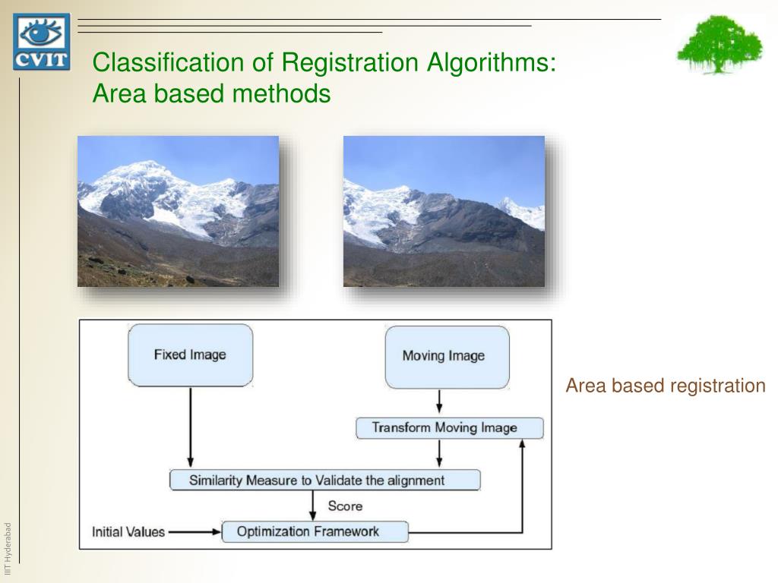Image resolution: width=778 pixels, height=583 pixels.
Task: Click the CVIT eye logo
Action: [x=41, y=42]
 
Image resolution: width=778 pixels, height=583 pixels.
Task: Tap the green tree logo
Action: [x=719, y=44]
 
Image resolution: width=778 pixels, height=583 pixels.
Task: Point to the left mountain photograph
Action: [x=178, y=211]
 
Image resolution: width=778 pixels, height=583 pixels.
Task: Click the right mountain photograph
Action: [x=444, y=211]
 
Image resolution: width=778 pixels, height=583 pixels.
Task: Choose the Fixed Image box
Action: [x=190, y=355]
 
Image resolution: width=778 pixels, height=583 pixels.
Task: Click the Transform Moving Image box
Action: [x=449, y=428]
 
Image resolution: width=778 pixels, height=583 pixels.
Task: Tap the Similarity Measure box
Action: [x=324, y=480]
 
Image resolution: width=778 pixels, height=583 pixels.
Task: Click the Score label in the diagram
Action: [x=345, y=506]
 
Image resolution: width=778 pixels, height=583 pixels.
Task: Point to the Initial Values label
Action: [x=128, y=531]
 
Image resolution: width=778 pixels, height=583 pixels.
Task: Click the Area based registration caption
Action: [x=666, y=386]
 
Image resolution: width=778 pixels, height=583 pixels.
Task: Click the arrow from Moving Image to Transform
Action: [x=439, y=402]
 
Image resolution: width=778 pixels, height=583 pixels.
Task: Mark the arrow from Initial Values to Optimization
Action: [x=194, y=531]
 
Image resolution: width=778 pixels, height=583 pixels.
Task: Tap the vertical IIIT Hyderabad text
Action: [x=8, y=542]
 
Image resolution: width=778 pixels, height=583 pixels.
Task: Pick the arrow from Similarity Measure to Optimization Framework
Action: [x=312, y=505]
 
